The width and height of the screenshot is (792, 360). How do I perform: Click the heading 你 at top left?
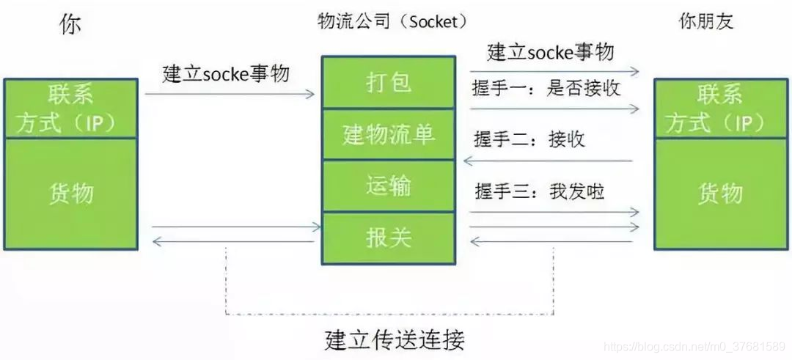point(70,23)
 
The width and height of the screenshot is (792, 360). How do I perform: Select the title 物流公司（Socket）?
point(392,21)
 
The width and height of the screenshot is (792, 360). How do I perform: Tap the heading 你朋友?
point(706,22)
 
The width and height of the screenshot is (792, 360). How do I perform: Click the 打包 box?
point(389,83)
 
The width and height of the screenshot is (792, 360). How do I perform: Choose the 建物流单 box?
point(389,134)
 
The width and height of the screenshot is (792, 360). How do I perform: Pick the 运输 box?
point(389,185)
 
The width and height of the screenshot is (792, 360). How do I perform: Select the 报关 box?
point(389,238)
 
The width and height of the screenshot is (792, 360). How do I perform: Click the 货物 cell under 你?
point(71,194)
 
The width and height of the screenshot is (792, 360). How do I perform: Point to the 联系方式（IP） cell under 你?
point(71,109)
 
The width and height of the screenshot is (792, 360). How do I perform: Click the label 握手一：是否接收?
point(546,89)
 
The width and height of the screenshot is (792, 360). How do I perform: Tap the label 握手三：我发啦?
point(540,191)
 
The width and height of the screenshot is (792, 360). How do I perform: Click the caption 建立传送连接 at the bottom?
point(395,340)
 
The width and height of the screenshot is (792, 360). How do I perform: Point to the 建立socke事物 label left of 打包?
point(226,74)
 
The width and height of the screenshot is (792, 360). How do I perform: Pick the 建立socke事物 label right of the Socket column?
point(550,52)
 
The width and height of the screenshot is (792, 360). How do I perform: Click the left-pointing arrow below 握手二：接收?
point(551,161)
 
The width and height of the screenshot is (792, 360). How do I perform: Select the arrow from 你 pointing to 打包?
point(230,94)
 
